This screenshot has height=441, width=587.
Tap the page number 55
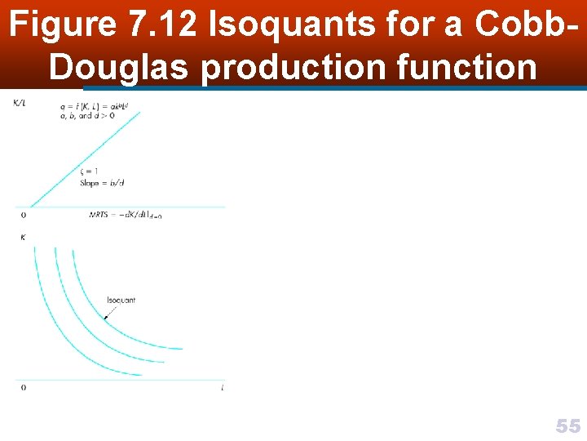[567, 425]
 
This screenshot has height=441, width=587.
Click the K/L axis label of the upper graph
[18, 102]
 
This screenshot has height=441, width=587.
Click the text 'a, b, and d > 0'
[86, 116]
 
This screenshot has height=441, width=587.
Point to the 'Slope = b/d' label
[100, 184]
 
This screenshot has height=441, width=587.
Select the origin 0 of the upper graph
[23, 215]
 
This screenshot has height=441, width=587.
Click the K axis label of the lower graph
[22, 237]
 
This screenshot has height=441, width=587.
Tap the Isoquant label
[121, 300]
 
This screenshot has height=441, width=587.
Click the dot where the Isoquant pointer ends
[105, 318]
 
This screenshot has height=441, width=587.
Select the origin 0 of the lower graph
[23, 387]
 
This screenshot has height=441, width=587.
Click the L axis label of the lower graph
[222, 387]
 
